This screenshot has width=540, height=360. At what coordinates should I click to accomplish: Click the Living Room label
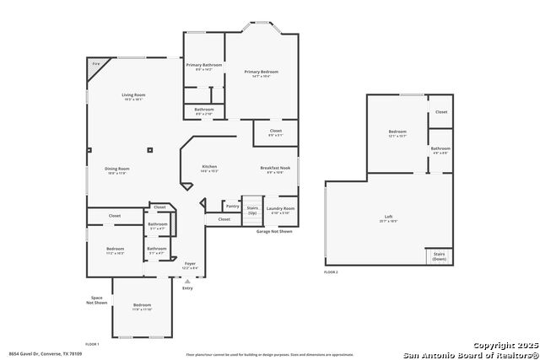(x=133, y=94)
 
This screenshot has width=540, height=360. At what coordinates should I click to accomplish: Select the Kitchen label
(x=209, y=168)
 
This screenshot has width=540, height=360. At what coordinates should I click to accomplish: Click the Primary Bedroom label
(x=262, y=72)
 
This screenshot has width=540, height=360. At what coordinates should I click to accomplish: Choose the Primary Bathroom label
(x=204, y=65)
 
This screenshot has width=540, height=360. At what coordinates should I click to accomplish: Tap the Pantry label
(x=233, y=207)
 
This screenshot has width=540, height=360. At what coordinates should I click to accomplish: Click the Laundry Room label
(x=280, y=208)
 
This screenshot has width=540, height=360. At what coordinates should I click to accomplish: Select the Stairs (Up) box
(x=252, y=209)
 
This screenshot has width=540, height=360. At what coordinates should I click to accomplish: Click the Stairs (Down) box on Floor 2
(x=439, y=255)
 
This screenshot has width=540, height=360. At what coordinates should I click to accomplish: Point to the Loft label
(x=388, y=218)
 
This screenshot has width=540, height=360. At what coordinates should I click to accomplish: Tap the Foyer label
(x=190, y=264)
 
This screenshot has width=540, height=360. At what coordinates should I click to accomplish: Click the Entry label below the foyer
(x=187, y=288)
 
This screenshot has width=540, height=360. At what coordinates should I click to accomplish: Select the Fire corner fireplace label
(x=96, y=64)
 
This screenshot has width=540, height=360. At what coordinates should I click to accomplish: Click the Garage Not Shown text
(x=274, y=231)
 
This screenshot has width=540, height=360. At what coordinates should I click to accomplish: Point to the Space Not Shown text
(x=99, y=300)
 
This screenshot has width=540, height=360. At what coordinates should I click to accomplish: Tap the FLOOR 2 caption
(x=331, y=272)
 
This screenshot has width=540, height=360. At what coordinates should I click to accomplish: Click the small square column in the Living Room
(x=149, y=150)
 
